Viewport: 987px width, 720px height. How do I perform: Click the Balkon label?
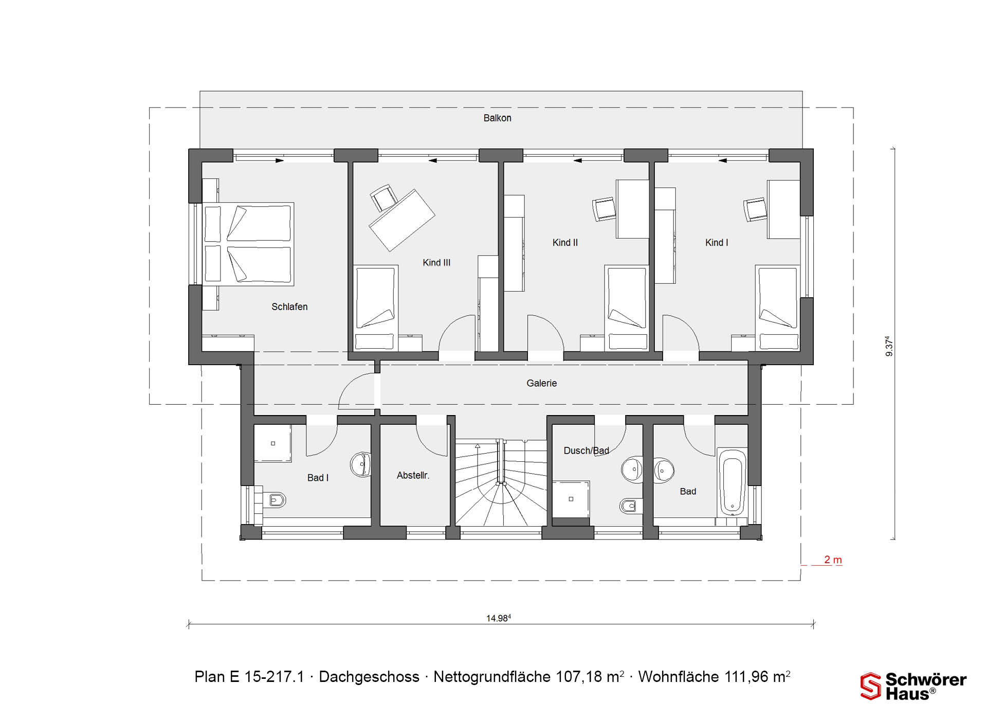pyautogui.click(x=497, y=118)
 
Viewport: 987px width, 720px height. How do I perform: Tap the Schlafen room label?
pyautogui.click(x=289, y=307)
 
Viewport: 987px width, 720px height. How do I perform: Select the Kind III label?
pyautogui.click(x=436, y=263)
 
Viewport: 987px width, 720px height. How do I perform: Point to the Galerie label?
pyautogui.click(x=541, y=383)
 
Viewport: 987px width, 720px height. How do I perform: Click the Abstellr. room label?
pyautogui.click(x=413, y=476)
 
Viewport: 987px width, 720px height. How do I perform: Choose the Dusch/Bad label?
pyautogui.click(x=586, y=451)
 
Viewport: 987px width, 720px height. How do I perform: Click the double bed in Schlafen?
pyautogui.click(x=249, y=244)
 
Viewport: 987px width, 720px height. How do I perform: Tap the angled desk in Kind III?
pyautogui.click(x=402, y=220)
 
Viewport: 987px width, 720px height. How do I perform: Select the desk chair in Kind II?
pyautogui.click(x=605, y=209)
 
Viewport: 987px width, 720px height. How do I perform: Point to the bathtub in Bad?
pyautogui.click(x=732, y=483)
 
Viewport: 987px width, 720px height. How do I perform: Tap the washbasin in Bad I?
pyautogui.click(x=361, y=464)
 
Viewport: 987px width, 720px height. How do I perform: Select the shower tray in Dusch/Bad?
pyautogui.click(x=571, y=499)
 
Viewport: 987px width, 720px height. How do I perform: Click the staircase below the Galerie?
pyautogui.click(x=501, y=482)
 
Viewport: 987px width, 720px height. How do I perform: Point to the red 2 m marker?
pyautogui.click(x=833, y=560)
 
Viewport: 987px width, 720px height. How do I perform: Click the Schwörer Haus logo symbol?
pyautogui.click(x=871, y=686)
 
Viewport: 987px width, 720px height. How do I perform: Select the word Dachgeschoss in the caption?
pyautogui.click(x=369, y=677)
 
